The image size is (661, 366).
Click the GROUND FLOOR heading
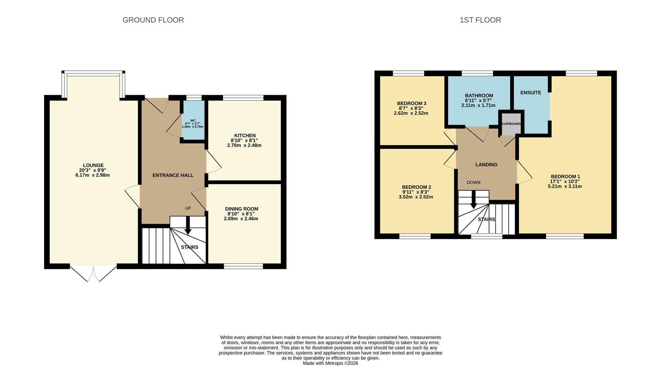[153, 20]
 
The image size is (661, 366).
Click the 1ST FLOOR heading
[480, 20]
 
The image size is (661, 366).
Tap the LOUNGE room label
[93, 165]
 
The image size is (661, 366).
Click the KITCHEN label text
[245, 136]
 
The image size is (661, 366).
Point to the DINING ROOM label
[241, 209]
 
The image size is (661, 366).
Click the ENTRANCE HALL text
[173, 175]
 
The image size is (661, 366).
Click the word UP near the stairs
[188, 209]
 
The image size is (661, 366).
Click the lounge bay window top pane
[93, 73]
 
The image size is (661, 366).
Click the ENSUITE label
[531, 93]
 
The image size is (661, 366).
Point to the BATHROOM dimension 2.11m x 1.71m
[478, 105]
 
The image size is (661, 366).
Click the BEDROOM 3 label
[411, 103]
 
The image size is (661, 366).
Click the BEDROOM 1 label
[565, 177]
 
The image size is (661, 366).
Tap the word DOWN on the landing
[473, 183]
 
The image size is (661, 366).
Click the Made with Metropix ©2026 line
[330, 363]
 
